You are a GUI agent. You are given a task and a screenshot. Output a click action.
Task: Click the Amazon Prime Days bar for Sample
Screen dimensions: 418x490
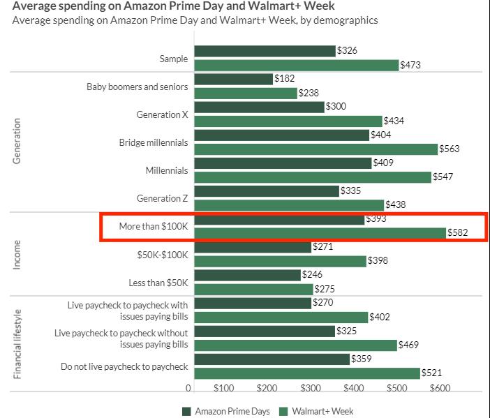point(265,51)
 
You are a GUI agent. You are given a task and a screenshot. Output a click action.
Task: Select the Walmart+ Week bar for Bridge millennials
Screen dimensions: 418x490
point(315,149)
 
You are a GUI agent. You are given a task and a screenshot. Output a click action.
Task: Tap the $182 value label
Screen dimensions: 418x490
point(285,79)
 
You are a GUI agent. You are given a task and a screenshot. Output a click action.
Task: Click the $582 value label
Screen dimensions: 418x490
point(457,232)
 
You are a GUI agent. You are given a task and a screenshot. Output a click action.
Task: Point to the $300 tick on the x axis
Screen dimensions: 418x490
point(310,388)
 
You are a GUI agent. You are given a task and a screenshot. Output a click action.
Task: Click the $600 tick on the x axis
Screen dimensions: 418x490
point(440,388)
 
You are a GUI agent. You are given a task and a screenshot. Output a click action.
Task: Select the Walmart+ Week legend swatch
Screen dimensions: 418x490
point(283,411)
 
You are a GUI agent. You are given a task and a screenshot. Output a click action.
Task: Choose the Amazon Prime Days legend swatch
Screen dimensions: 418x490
point(186,411)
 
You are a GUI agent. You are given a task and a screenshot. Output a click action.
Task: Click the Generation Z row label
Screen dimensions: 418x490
point(162,198)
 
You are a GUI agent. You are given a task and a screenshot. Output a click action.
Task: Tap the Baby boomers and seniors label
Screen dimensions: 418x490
point(137,87)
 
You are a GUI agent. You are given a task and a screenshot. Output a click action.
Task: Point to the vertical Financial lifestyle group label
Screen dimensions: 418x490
point(17,343)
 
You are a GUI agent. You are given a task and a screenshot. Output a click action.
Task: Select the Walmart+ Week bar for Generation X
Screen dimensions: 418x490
point(288,121)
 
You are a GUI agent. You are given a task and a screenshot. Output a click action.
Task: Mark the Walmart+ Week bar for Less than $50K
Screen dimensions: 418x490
point(253,288)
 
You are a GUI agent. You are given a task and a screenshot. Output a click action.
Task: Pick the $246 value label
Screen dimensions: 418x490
point(312,275)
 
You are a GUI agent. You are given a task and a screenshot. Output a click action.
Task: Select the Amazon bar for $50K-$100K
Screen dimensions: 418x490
point(252,247)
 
